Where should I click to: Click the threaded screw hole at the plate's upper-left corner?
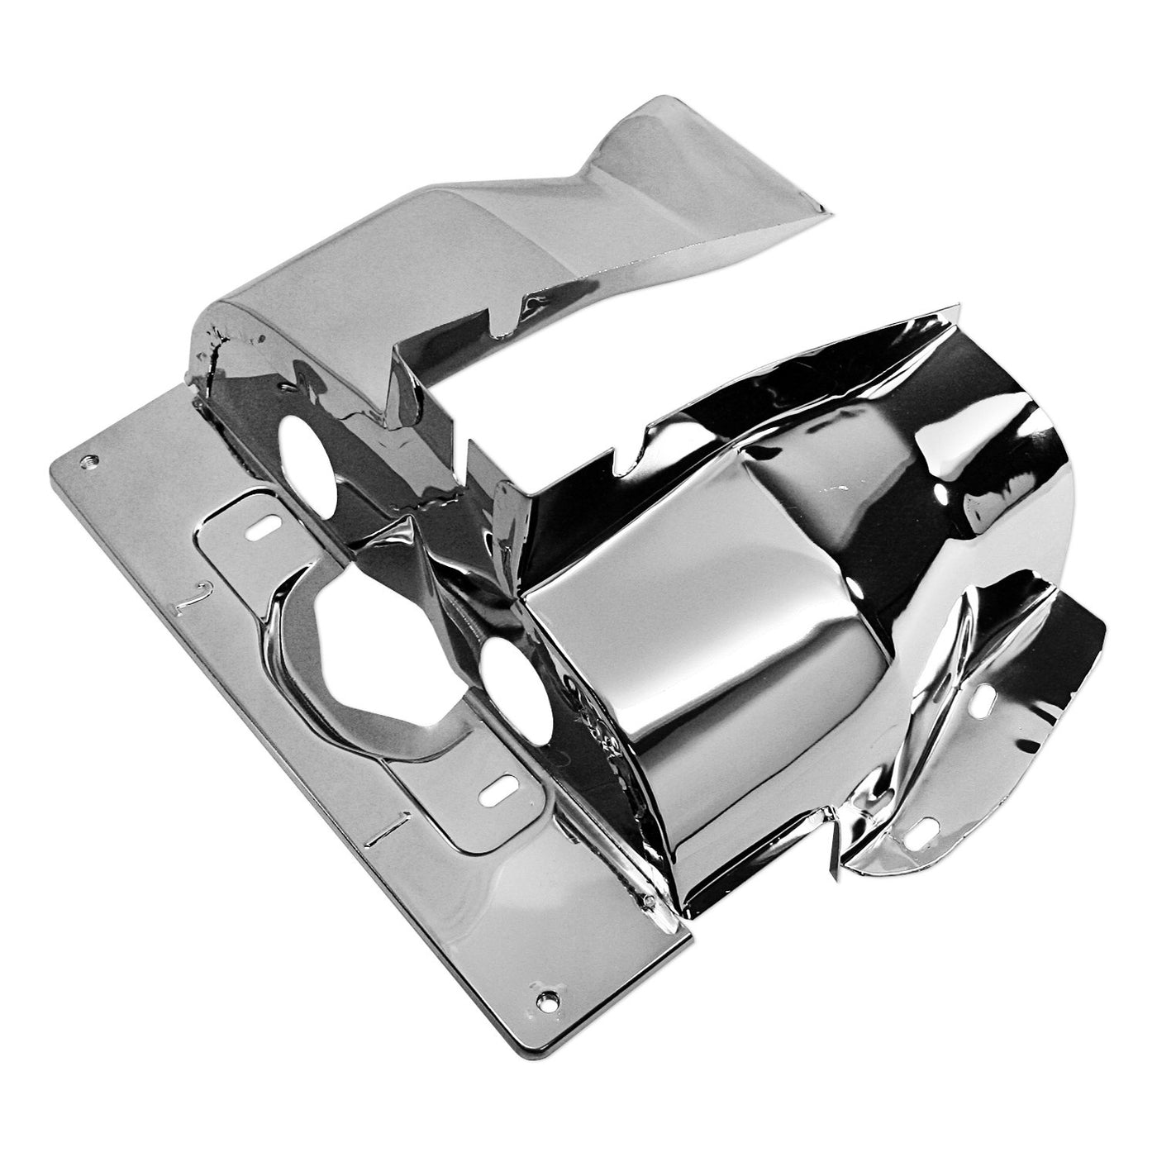point(89,463)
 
